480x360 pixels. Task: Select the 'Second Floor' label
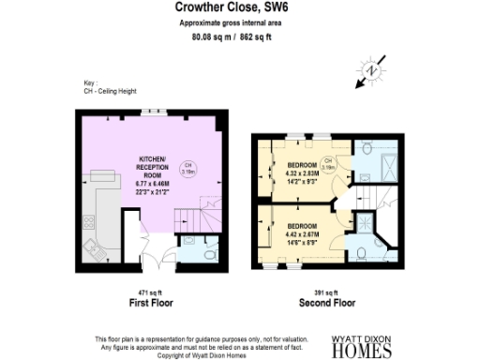click(x=326, y=304)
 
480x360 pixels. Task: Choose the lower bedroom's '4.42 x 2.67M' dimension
click(x=302, y=233)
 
